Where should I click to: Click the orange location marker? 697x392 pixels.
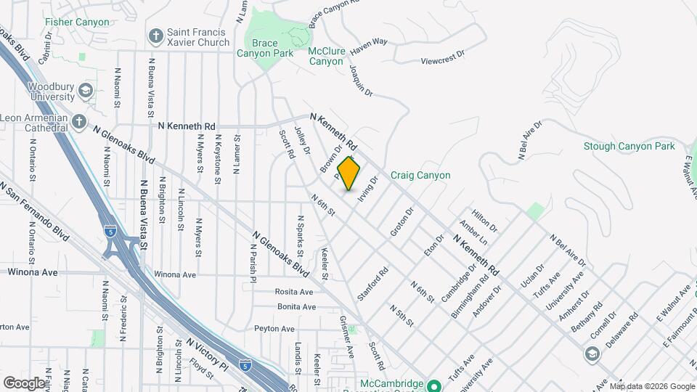[x=349, y=173]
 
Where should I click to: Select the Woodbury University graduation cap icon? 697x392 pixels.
[x=85, y=91]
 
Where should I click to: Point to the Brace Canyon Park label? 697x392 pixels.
[x=266, y=48]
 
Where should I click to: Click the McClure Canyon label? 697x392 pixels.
[x=326, y=56]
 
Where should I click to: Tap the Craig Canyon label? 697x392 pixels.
[x=420, y=175]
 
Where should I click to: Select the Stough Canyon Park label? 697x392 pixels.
[x=629, y=147]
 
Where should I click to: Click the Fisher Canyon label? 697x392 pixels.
[x=77, y=22]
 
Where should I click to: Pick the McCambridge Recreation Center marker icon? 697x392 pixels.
[x=433, y=385]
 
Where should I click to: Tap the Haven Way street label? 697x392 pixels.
[x=369, y=47]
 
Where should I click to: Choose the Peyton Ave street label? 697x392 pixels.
[x=274, y=329]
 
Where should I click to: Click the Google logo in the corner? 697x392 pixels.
[x=24, y=383]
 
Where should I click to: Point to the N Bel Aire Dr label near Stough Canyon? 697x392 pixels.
[x=530, y=140]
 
